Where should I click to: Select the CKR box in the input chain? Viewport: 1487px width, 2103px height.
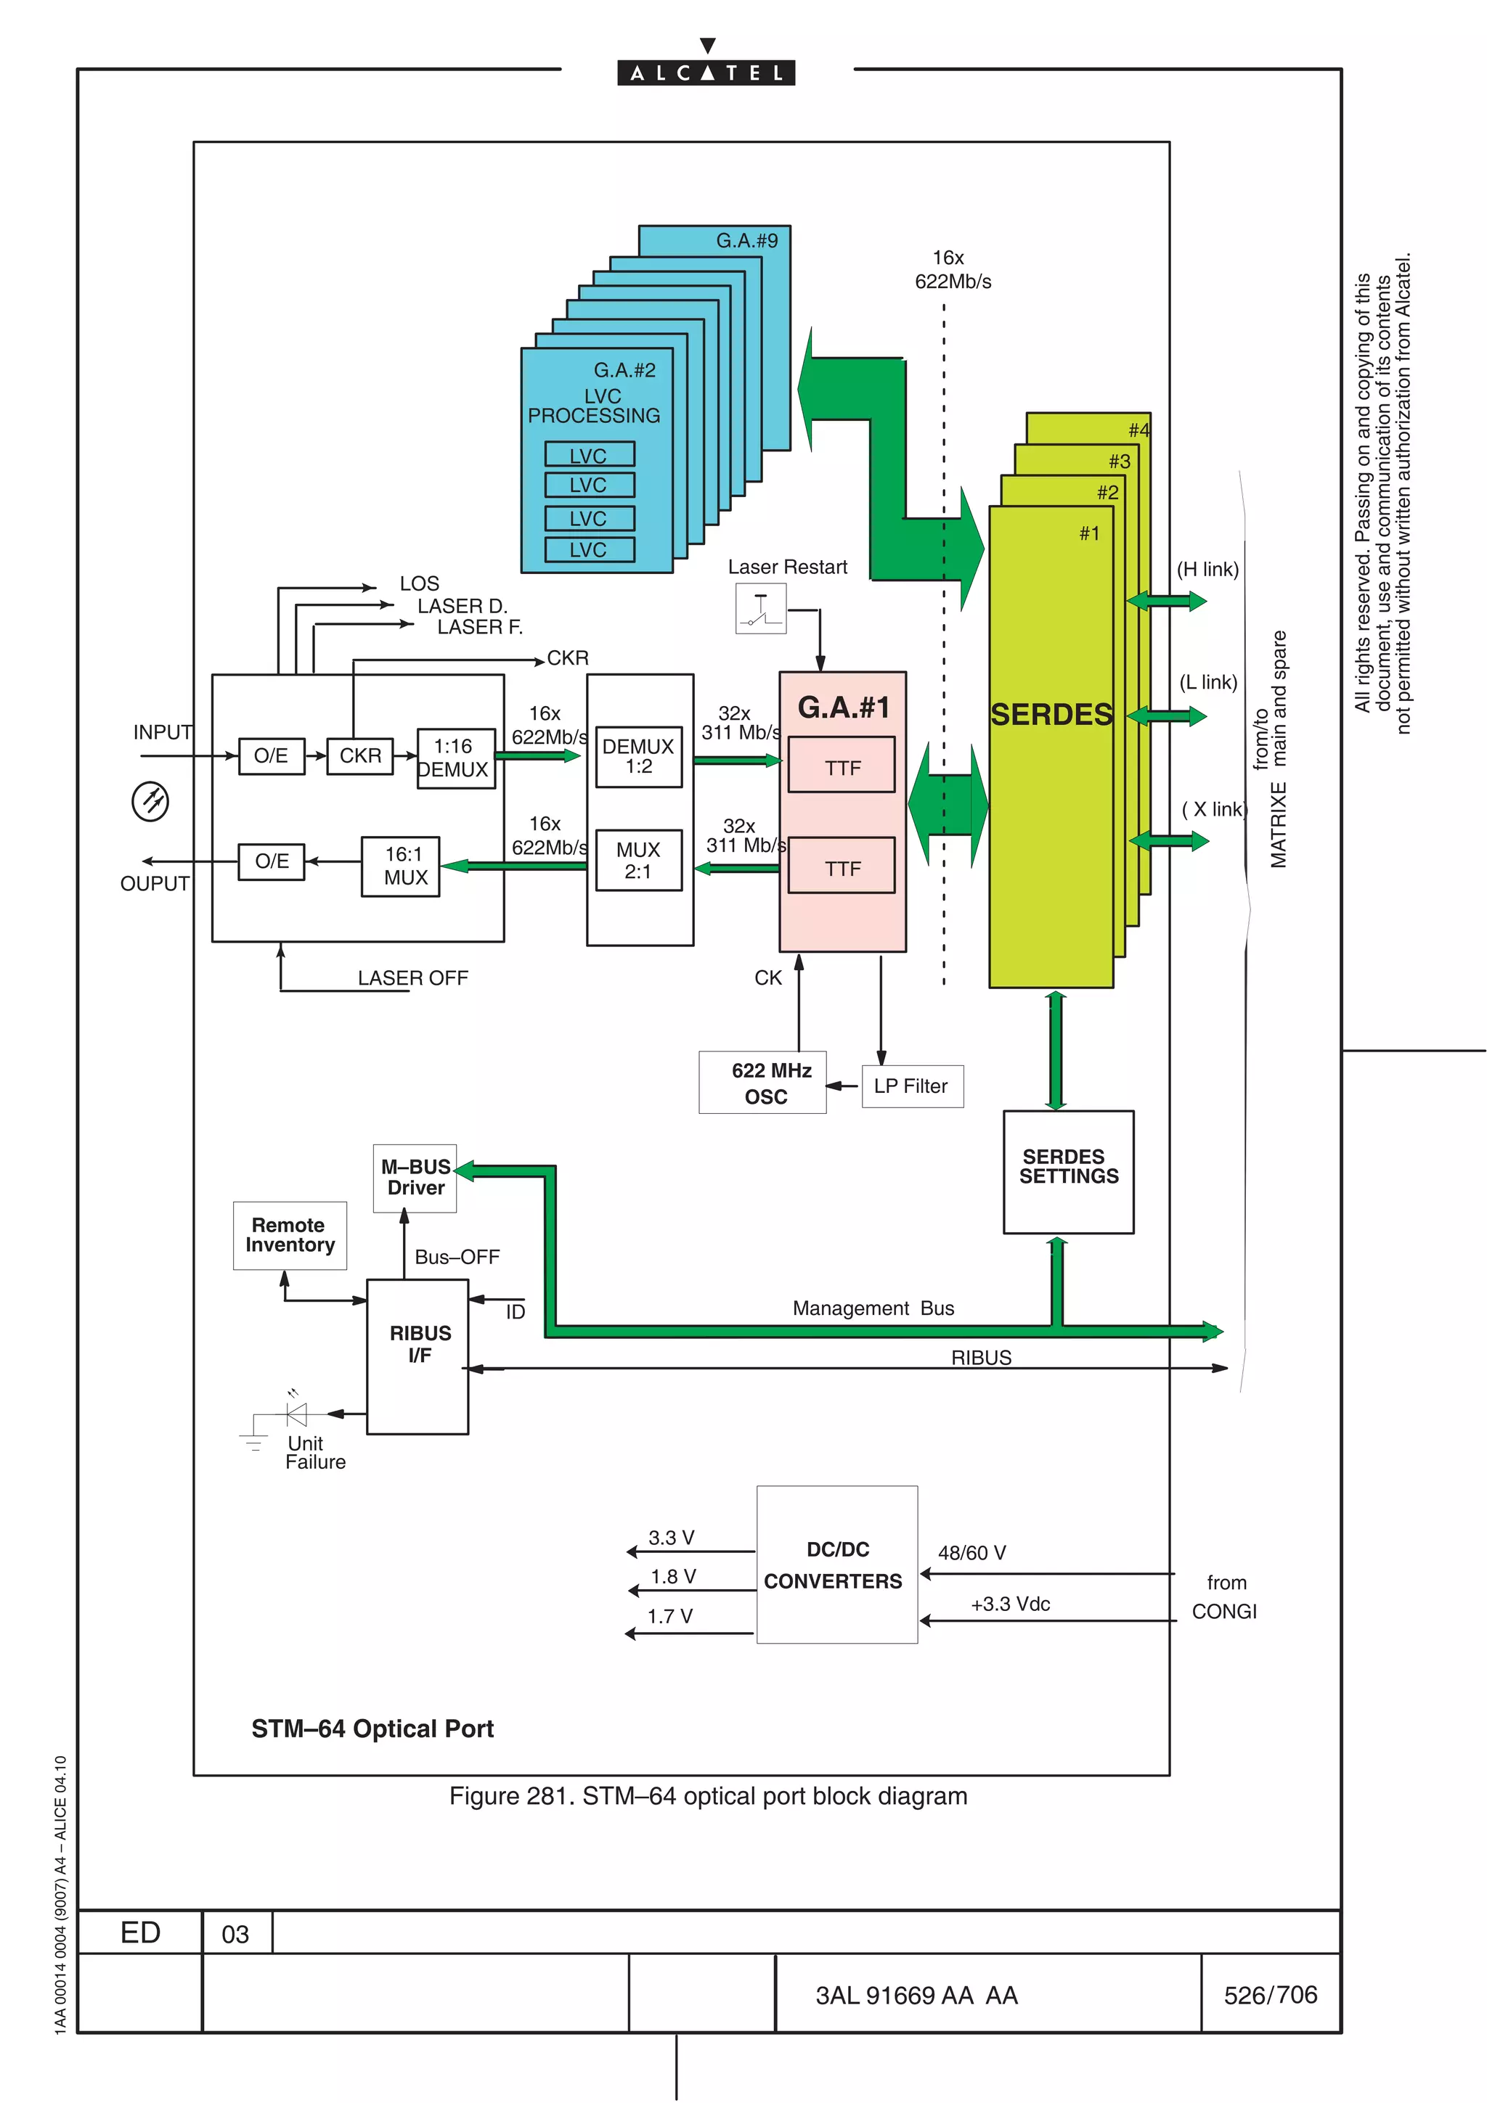[x=360, y=755]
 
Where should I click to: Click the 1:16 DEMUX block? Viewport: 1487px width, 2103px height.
[x=455, y=758]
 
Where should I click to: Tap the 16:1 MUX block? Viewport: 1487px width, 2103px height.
[x=400, y=866]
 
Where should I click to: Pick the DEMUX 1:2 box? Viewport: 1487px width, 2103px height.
[x=639, y=757]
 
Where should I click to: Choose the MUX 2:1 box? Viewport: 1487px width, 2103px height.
[x=639, y=860]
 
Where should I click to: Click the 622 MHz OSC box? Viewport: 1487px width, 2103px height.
[x=762, y=1083]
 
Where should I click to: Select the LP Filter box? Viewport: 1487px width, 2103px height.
[x=912, y=1086]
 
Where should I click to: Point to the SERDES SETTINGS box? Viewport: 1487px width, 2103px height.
[x=1068, y=1171]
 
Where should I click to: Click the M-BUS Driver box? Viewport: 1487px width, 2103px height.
[x=415, y=1178]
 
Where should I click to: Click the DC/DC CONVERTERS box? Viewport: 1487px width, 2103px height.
[x=836, y=1565]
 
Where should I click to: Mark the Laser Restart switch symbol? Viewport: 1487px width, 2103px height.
[x=760, y=609]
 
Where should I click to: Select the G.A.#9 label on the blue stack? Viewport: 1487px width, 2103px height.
[x=746, y=241]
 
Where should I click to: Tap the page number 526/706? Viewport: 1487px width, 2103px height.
[x=1270, y=1994]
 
